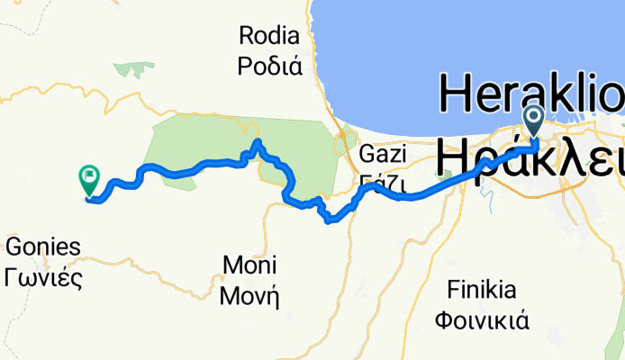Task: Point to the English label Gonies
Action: (44, 247)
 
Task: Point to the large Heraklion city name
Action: (531, 90)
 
